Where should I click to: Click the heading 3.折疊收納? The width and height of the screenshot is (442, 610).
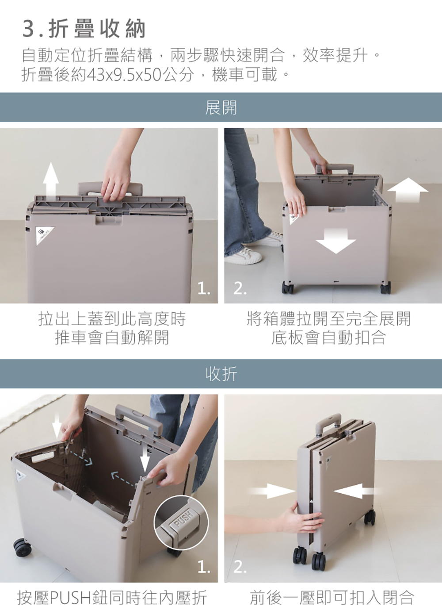(84, 29)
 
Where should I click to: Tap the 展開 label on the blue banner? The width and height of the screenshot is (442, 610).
(221, 107)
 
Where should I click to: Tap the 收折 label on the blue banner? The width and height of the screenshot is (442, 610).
(221, 373)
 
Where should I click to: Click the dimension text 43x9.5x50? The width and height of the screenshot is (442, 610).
(124, 75)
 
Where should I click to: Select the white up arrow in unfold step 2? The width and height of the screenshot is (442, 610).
(408, 190)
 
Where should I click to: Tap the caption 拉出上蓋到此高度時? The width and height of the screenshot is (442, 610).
(112, 319)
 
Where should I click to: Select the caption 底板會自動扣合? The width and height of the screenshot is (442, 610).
(329, 337)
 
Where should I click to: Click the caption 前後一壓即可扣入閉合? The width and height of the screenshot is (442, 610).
(332, 598)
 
